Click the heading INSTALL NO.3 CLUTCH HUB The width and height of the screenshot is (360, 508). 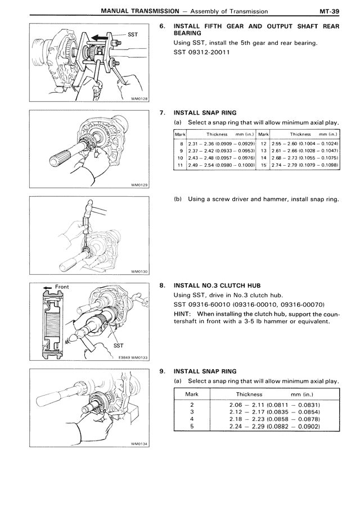217,285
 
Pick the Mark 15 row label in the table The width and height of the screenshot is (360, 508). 263,166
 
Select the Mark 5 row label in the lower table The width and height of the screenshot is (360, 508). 192,426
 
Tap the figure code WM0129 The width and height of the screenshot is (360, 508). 138,185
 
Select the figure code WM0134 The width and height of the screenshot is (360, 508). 138,443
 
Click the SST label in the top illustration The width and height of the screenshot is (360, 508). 133,34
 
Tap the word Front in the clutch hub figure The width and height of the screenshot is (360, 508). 62,287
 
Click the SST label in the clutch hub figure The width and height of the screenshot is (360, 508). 119,345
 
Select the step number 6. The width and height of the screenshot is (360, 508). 162,26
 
